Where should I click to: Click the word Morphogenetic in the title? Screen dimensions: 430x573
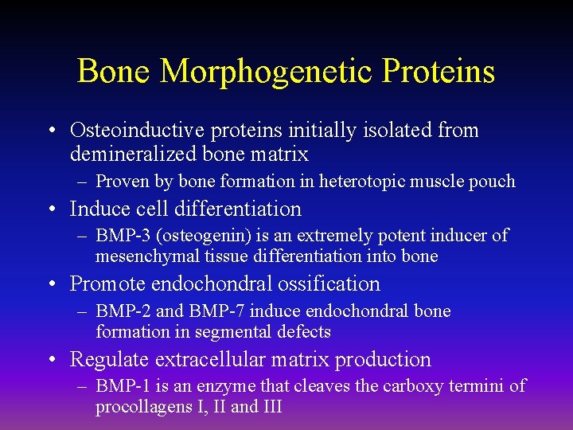(x=267, y=72)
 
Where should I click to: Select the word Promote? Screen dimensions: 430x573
(x=107, y=284)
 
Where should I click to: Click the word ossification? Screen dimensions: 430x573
(x=334, y=284)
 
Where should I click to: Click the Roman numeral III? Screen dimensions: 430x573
(x=268, y=408)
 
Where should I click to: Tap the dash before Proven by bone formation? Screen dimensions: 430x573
(x=82, y=182)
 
